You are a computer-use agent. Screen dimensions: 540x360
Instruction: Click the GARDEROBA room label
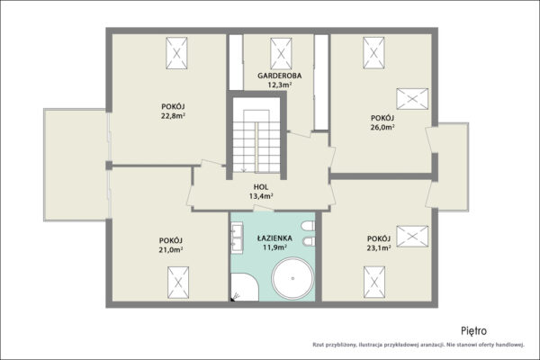click(x=280, y=76)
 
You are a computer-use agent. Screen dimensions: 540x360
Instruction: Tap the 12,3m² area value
click(x=280, y=85)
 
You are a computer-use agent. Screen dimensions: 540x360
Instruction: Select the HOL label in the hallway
click(x=261, y=187)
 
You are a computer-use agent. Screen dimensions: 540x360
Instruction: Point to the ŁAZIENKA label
click(x=274, y=238)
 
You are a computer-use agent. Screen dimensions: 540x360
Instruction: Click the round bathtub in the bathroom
click(x=292, y=278)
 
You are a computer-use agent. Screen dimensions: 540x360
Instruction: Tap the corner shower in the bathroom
click(x=245, y=287)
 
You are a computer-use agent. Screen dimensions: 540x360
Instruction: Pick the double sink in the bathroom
click(x=237, y=238)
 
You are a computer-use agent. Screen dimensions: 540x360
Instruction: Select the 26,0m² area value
click(x=382, y=127)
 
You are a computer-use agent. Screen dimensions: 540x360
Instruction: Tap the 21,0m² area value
click(x=170, y=250)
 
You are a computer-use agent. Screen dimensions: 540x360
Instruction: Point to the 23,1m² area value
click(x=379, y=247)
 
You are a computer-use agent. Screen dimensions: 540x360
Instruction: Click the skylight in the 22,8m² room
click(x=176, y=53)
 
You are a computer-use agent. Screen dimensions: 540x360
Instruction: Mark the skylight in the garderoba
click(x=281, y=53)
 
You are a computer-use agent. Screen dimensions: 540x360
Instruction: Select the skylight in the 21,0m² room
click(x=178, y=283)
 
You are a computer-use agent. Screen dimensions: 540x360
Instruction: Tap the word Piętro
click(x=474, y=331)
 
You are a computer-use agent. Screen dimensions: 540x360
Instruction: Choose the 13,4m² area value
click(x=261, y=196)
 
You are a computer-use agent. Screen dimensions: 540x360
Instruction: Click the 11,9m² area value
click(x=274, y=247)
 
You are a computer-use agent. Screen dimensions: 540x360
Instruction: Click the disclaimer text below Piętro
click(x=418, y=344)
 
